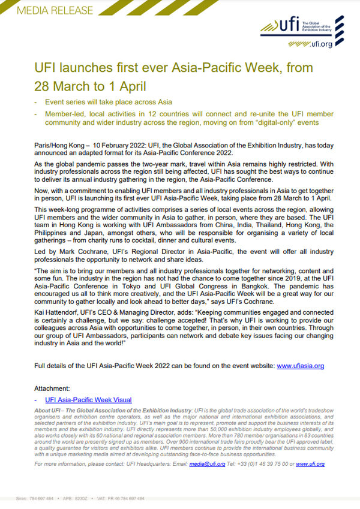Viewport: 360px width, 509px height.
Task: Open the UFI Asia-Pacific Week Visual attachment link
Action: [88, 399]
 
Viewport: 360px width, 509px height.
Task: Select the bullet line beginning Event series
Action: [108, 103]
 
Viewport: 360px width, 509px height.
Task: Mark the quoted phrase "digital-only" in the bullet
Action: [280, 123]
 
